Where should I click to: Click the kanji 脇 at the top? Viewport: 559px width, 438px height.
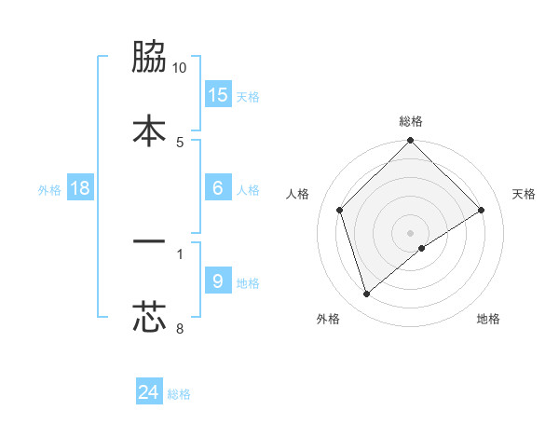pyautogui.click(x=149, y=59)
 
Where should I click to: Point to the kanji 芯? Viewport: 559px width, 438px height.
pyautogui.click(x=149, y=315)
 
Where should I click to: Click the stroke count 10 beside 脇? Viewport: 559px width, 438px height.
pyautogui.click(x=180, y=68)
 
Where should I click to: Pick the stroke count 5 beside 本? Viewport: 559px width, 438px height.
pyautogui.click(x=180, y=142)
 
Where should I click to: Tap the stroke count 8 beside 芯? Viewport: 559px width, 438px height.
pyautogui.click(x=180, y=327)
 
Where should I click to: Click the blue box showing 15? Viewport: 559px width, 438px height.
pyautogui.click(x=218, y=95)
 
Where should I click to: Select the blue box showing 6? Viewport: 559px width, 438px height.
pyautogui.click(x=218, y=188)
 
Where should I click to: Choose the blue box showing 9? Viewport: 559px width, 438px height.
pyautogui.click(x=218, y=281)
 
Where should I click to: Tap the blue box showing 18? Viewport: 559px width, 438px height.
pyautogui.click(x=80, y=188)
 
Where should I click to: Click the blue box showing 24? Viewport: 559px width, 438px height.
pyautogui.click(x=149, y=392)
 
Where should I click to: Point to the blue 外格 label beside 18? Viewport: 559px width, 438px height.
pyautogui.click(x=49, y=189)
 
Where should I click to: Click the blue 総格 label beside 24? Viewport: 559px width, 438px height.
pyautogui.click(x=179, y=394)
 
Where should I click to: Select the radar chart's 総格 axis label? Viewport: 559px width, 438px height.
pyautogui.click(x=411, y=121)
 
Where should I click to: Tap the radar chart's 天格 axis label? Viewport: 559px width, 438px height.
pyautogui.click(x=525, y=194)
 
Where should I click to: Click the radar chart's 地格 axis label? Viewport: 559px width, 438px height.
pyautogui.click(x=488, y=320)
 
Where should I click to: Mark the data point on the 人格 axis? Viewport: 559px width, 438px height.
pyautogui.click(x=340, y=210)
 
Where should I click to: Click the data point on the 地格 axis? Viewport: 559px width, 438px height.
pyautogui.click(x=422, y=248)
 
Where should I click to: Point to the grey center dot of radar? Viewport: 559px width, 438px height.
pyautogui.click(x=411, y=232)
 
